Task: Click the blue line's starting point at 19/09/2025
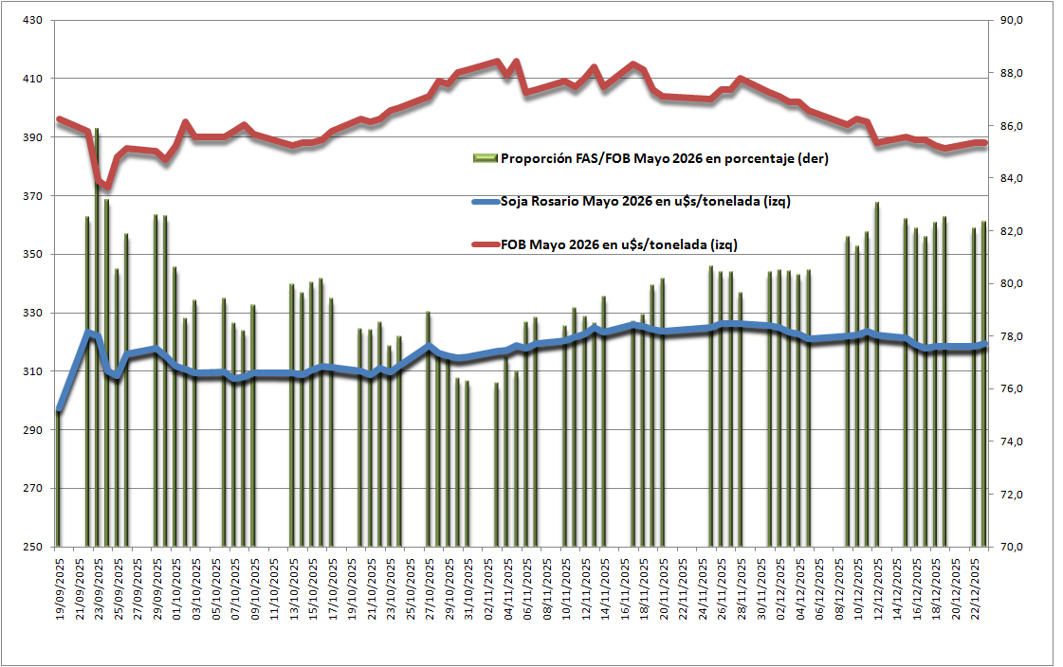click(59, 410)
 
